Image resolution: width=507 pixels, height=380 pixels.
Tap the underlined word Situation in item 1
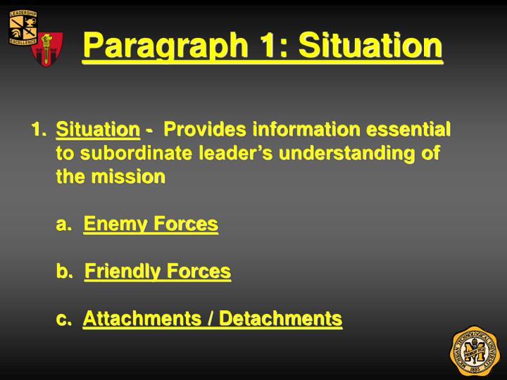coord(98,129)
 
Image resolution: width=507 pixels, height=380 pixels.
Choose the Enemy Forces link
coord(151,224)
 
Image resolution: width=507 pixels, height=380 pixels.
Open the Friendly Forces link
coord(158,271)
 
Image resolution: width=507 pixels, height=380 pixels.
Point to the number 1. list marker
coord(39,129)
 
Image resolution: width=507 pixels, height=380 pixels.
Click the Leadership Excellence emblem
coord(23,28)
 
